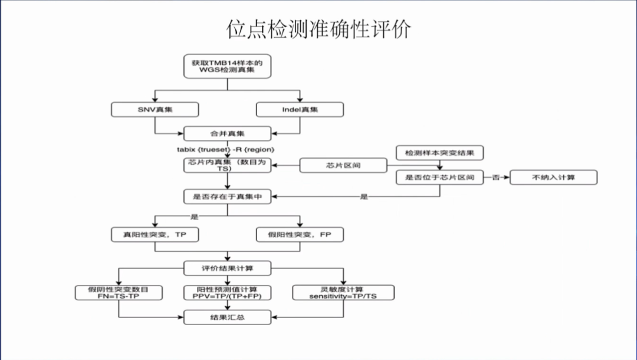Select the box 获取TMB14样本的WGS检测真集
(x=227, y=67)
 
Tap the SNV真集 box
(x=155, y=109)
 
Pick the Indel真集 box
(x=300, y=109)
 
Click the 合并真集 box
(x=227, y=133)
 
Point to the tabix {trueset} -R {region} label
(x=226, y=149)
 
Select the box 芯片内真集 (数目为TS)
(x=227, y=165)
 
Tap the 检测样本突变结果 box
(x=440, y=153)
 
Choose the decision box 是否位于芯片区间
(x=440, y=177)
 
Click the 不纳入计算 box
(x=553, y=177)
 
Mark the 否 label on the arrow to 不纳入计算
(x=497, y=177)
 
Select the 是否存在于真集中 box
(x=227, y=197)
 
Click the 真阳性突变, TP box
(x=155, y=234)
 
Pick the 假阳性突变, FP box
(x=300, y=234)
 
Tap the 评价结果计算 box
(x=227, y=269)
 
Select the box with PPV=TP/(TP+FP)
(x=227, y=293)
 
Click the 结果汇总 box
(x=227, y=318)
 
